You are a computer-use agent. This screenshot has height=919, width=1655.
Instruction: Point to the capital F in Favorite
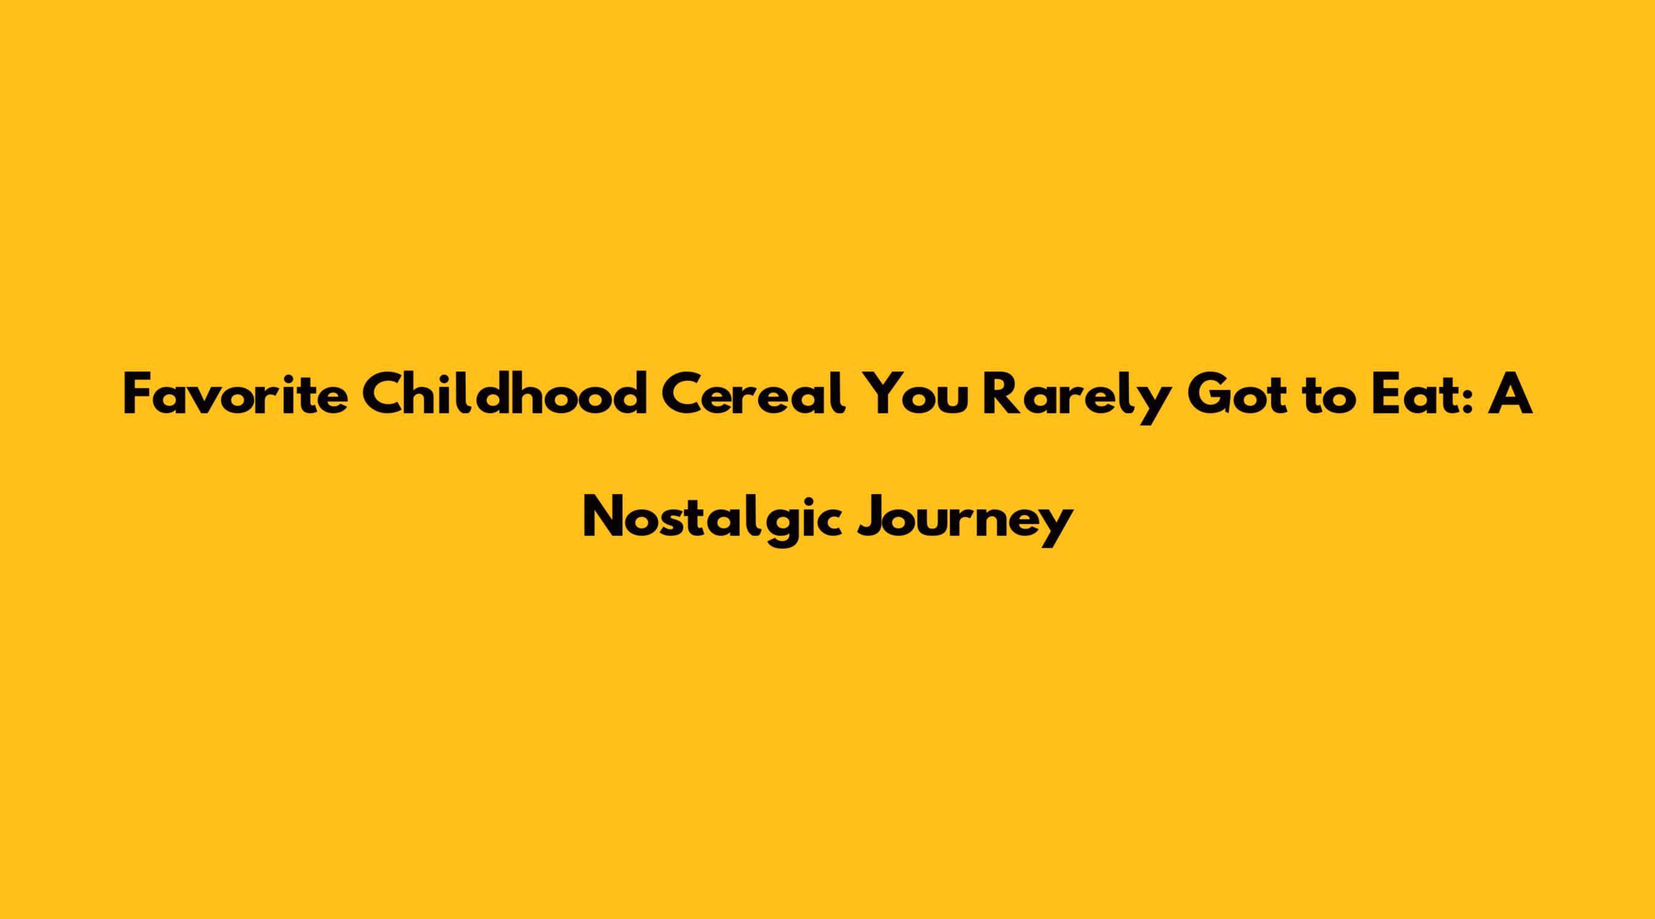tap(137, 396)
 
